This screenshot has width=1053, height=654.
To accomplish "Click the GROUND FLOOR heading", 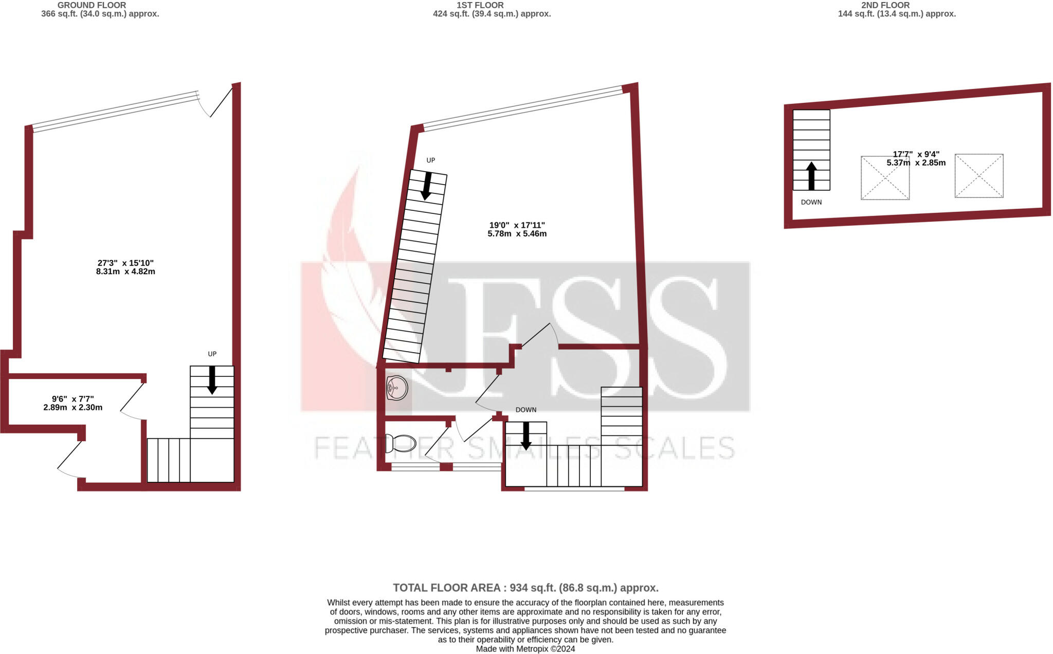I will click(x=92, y=5).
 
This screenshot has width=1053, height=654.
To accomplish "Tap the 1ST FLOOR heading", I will click(x=480, y=5).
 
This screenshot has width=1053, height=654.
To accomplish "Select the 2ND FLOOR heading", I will click(x=885, y=5).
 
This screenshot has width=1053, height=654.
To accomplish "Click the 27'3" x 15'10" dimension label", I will click(x=125, y=267).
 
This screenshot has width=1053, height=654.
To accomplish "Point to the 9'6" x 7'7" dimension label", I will click(x=73, y=403).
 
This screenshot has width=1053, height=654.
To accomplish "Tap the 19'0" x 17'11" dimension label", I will click(x=517, y=229).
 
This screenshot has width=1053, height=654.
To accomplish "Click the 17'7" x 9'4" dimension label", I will click(x=916, y=158).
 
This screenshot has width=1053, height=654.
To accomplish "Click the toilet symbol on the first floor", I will click(x=401, y=443).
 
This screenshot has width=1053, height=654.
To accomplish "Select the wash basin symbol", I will click(x=397, y=388).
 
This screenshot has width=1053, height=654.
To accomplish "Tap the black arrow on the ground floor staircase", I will click(x=212, y=380).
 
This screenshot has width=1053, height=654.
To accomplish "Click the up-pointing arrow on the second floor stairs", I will click(x=811, y=176).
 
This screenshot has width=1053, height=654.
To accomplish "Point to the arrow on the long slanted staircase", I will click(x=427, y=186).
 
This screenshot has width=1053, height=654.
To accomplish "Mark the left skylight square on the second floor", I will click(x=885, y=178).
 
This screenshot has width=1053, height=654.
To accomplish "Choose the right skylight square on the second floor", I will click(x=979, y=176).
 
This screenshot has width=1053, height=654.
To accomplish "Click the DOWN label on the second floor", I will click(x=811, y=202).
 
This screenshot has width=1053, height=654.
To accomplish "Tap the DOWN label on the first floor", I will click(x=525, y=410).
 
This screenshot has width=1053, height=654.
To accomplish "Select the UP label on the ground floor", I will click(x=212, y=354).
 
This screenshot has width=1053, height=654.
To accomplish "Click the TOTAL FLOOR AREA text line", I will click(x=525, y=588).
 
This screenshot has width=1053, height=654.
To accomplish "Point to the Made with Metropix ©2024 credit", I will click(x=525, y=649).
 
